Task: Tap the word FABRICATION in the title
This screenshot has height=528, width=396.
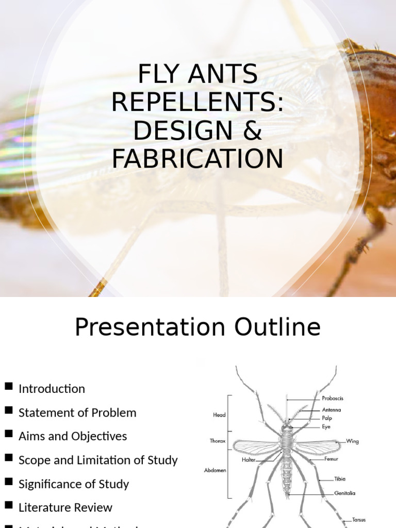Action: click(x=197, y=159)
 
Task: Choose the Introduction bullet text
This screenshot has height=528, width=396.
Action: click(x=52, y=389)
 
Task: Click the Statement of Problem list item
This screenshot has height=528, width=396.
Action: click(x=77, y=412)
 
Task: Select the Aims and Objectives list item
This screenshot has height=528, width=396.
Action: click(x=73, y=436)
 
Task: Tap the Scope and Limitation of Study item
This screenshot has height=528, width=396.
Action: click(x=98, y=460)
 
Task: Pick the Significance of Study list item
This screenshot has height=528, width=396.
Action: click(x=74, y=484)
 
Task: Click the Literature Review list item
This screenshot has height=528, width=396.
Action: click(x=65, y=507)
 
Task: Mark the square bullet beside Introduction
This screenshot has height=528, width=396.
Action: click(x=8, y=387)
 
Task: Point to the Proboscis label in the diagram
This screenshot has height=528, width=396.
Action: click(x=333, y=399)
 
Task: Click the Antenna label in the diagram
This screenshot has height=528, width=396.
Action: click(x=331, y=410)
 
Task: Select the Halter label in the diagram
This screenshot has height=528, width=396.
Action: click(x=249, y=459)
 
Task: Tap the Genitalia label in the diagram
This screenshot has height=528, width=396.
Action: click(x=344, y=493)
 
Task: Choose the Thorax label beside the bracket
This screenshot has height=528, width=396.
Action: click(x=218, y=441)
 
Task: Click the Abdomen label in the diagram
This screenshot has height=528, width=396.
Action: click(x=215, y=470)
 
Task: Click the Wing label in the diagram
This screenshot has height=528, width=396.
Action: click(x=352, y=441)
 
